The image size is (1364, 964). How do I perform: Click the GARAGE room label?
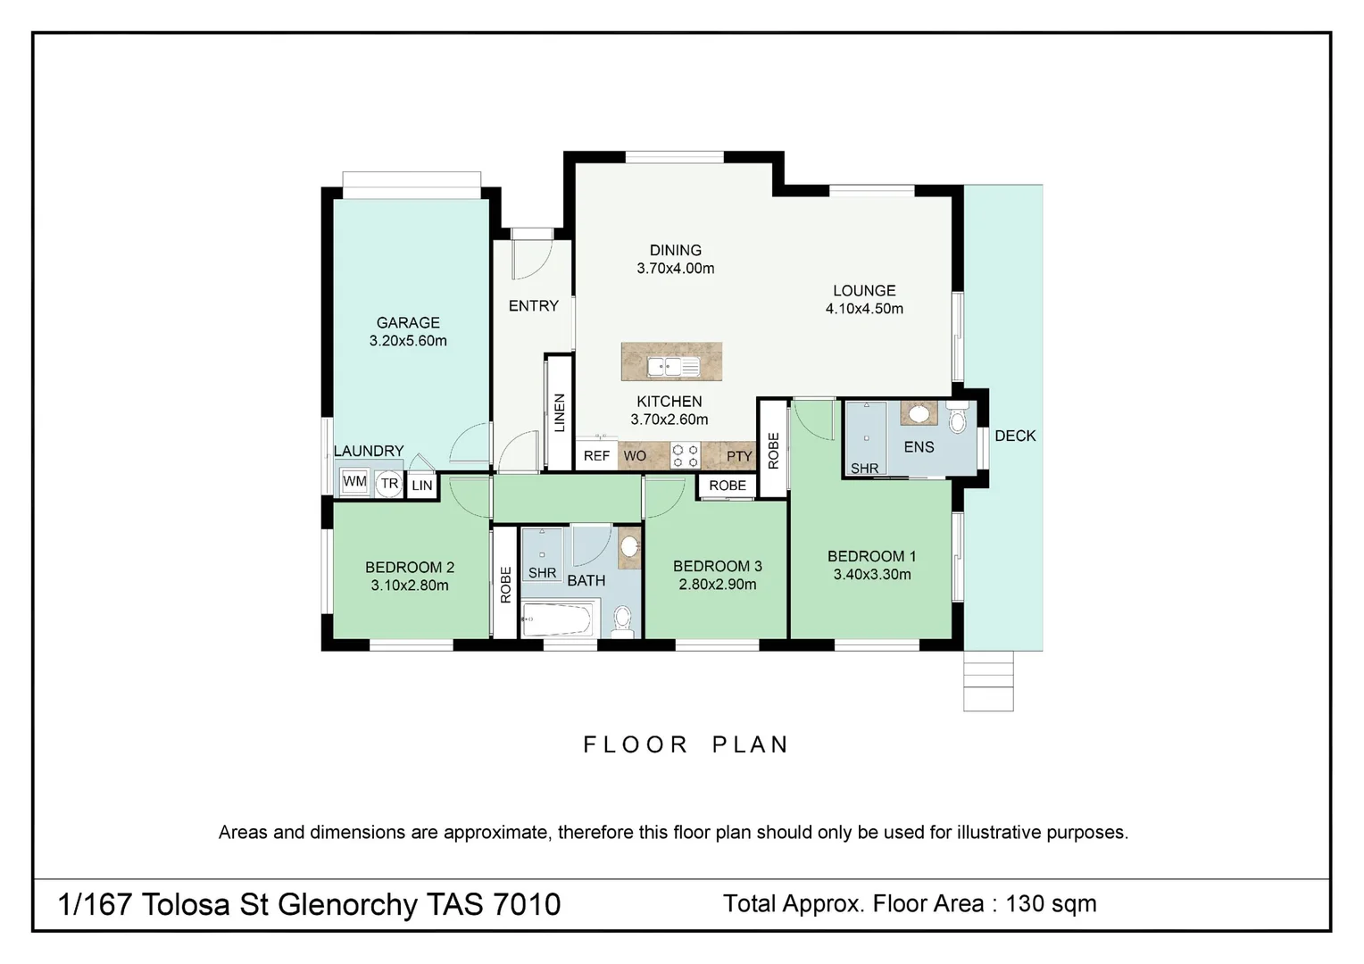click(408, 323)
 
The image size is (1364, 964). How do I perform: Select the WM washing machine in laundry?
click(354, 482)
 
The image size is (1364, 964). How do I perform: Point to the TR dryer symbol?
click(389, 484)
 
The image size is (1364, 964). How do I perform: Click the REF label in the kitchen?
click(596, 456)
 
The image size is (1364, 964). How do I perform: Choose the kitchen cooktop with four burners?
click(685, 456)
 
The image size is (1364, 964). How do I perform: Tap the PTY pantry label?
click(739, 456)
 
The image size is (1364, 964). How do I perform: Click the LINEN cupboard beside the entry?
click(560, 412)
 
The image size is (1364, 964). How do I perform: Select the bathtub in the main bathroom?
click(558, 619)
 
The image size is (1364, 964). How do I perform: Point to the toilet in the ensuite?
click(958, 419)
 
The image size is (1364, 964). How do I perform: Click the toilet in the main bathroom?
click(622, 619)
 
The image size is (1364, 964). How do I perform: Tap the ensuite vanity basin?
click(919, 413)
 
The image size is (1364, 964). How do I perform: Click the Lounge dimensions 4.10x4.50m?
click(864, 309)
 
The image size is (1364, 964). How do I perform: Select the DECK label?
click(1015, 436)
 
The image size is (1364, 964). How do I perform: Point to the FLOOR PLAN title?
click(686, 744)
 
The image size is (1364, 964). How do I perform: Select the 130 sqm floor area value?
click(1051, 903)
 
